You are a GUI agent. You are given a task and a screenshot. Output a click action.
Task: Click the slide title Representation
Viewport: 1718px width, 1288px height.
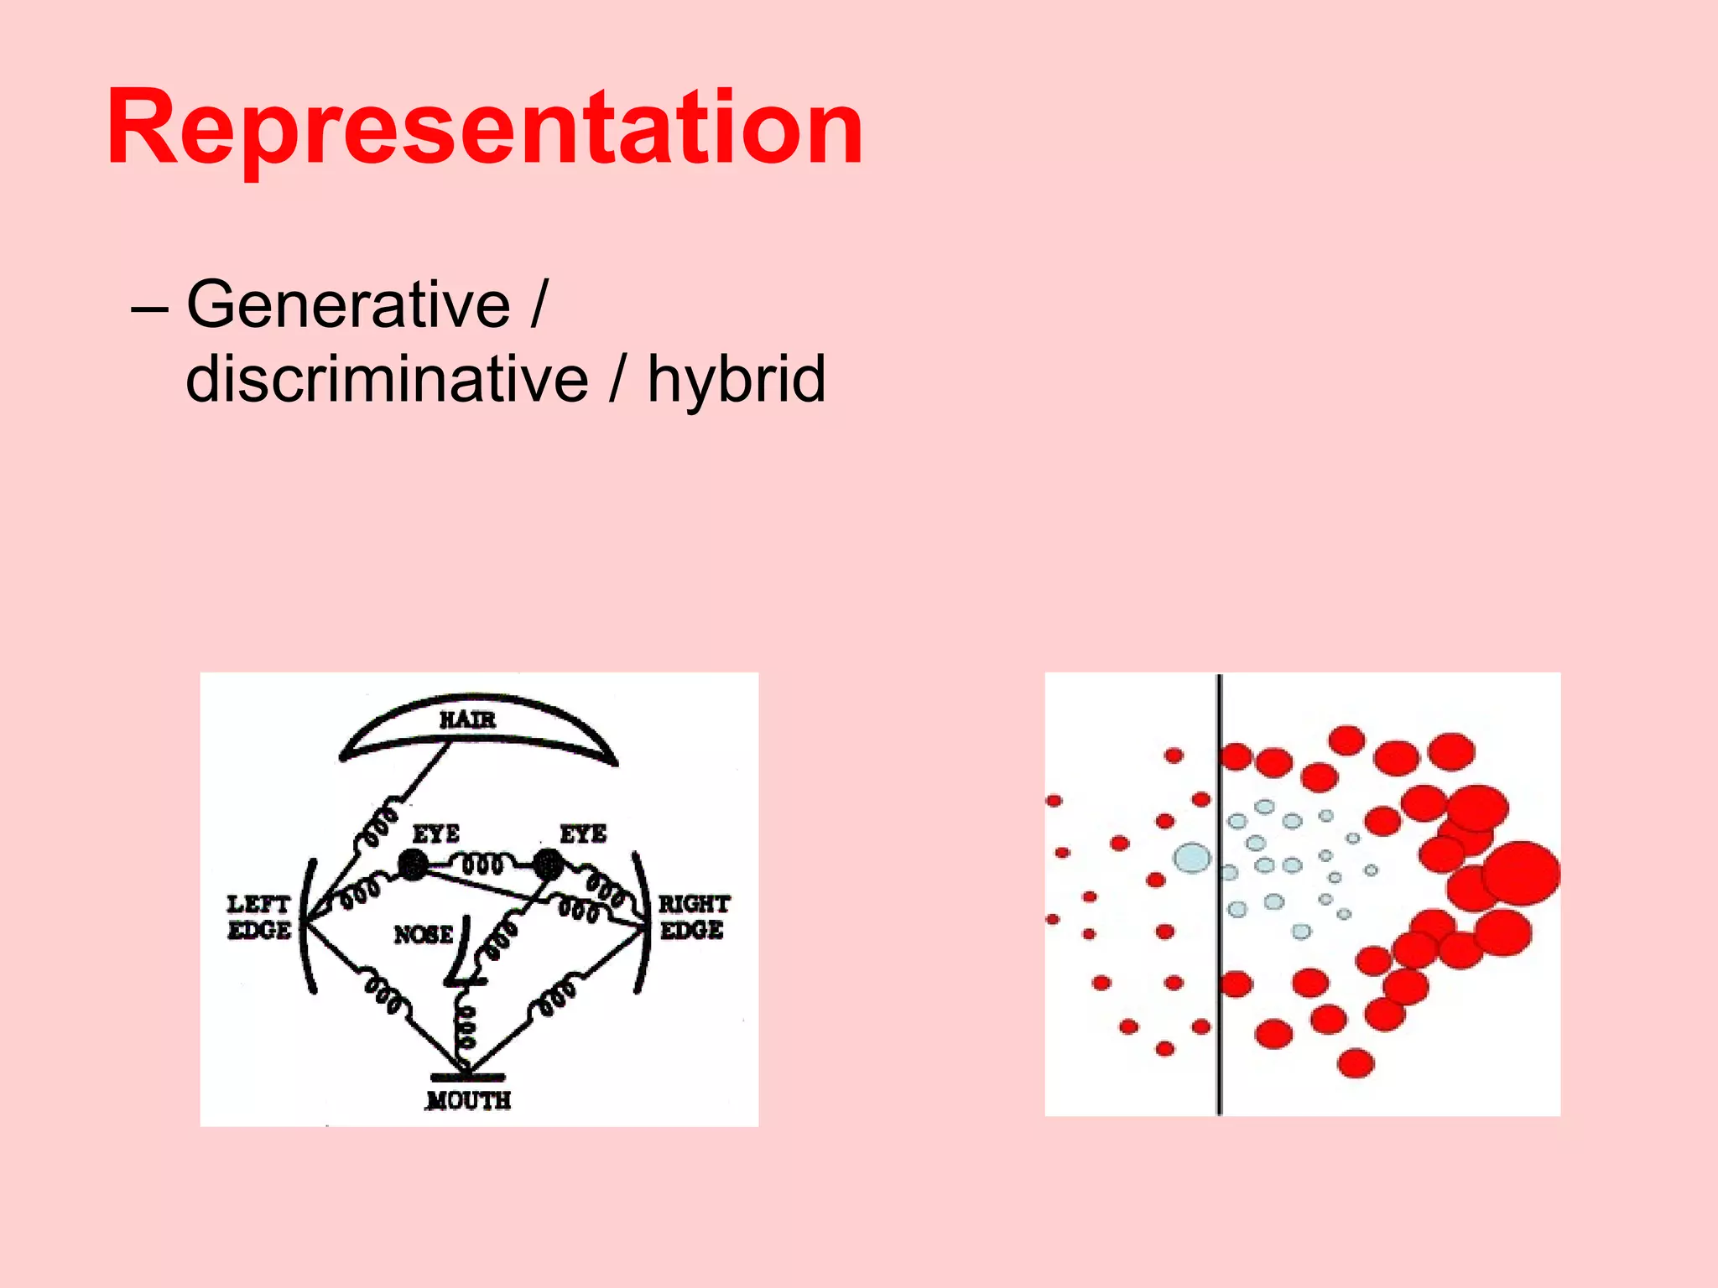pyautogui.click(x=485, y=130)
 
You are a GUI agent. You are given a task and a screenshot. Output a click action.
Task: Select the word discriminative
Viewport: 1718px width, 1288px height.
pyautogui.click(x=387, y=379)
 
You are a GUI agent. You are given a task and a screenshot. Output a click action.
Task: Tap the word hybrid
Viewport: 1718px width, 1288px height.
pyautogui.click(x=736, y=379)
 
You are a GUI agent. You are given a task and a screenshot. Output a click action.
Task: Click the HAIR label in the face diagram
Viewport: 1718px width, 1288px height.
pyautogui.click(x=467, y=719)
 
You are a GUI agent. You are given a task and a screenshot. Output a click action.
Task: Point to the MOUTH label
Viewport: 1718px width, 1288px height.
pyautogui.click(x=468, y=1100)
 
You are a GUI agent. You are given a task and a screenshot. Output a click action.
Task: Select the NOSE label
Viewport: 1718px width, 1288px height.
pyautogui.click(x=424, y=934)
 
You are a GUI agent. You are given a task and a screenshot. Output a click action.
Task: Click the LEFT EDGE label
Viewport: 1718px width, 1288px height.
pyautogui.click(x=258, y=917)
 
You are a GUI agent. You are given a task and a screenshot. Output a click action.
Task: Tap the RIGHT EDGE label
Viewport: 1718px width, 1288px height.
pyautogui.click(x=693, y=917)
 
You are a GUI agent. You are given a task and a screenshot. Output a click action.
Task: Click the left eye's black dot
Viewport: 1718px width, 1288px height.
pyautogui.click(x=412, y=865)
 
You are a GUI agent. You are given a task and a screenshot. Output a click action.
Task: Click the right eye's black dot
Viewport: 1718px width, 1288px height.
pyautogui.click(x=548, y=863)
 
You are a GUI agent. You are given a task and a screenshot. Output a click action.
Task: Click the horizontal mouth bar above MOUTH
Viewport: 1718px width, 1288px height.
pyautogui.click(x=467, y=1077)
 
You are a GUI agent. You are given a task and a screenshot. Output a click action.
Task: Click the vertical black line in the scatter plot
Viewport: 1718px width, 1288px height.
pyautogui.click(x=1220, y=894)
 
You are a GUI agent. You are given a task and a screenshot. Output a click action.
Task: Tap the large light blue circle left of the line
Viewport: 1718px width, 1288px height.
pyautogui.click(x=1192, y=858)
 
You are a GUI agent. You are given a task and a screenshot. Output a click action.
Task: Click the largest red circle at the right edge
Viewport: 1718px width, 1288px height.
pyautogui.click(x=1520, y=873)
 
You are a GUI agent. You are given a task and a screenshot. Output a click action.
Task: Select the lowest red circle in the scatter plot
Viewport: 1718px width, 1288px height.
pyautogui.click(x=1356, y=1063)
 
